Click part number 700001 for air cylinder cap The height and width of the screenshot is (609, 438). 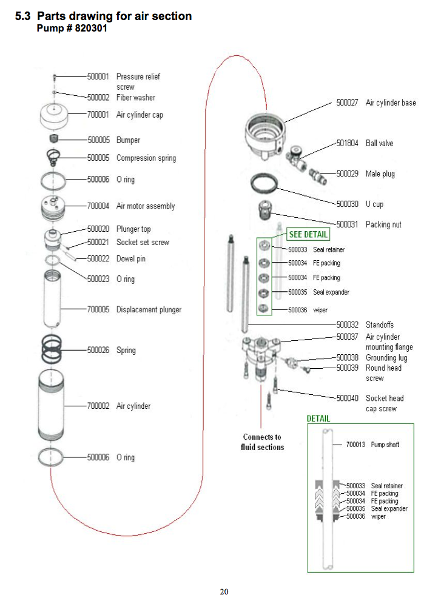tap(98, 115)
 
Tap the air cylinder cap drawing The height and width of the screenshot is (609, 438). tap(54, 115)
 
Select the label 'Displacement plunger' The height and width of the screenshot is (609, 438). tap(149, 310)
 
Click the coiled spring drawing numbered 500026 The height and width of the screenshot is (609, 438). tap(54, 349)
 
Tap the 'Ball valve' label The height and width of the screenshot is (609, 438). tap(379, 144)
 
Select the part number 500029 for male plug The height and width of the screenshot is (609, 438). tap(348, 174)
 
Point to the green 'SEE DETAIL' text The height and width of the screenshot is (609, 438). tap(308, 235)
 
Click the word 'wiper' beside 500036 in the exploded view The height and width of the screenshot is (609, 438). tap(320, 310)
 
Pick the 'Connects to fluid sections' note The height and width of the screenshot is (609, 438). tap(263, 442)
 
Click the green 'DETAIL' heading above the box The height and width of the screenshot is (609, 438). tap(318, 419)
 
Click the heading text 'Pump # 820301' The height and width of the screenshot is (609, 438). tap(72, 29)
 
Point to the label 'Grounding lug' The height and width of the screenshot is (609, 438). tap(386, 358)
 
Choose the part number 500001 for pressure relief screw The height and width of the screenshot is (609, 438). tap(98, 77)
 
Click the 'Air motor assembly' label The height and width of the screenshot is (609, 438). tap(146, 206)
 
